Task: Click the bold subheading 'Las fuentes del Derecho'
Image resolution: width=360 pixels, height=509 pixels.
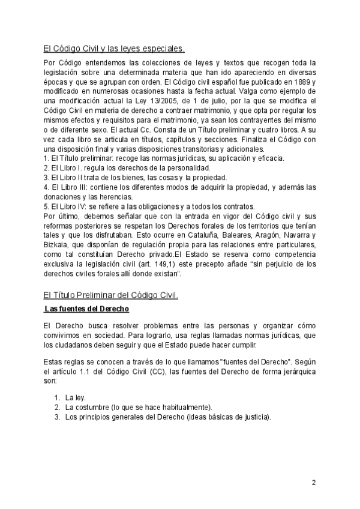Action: (x=87, y=309)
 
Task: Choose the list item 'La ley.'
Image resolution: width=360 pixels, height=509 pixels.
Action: (x=76, y=397)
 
